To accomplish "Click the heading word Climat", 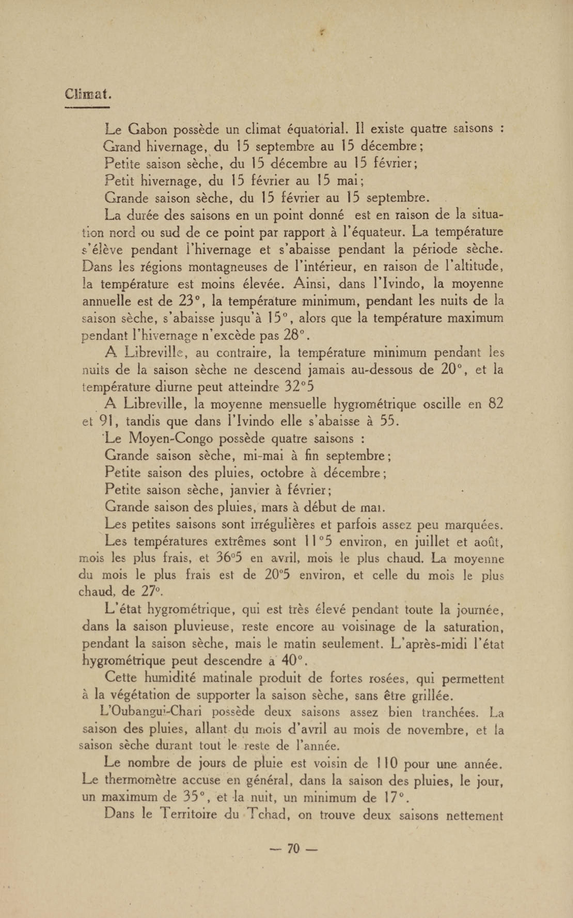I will coord(88,93).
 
